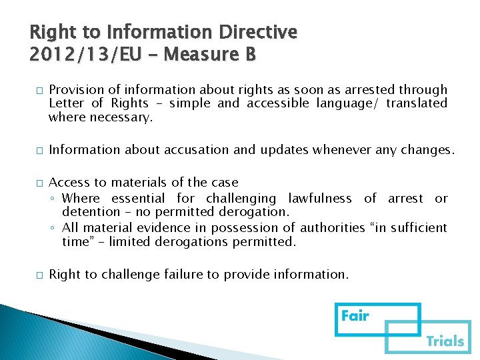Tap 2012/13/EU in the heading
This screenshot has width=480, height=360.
point(86,54)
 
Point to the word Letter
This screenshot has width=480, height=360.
point(67,103)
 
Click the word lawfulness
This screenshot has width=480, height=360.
point(320,198)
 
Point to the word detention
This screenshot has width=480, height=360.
point(90,212)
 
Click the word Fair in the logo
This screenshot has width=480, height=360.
point(355,315)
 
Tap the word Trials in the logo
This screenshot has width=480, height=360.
point(445,341)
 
